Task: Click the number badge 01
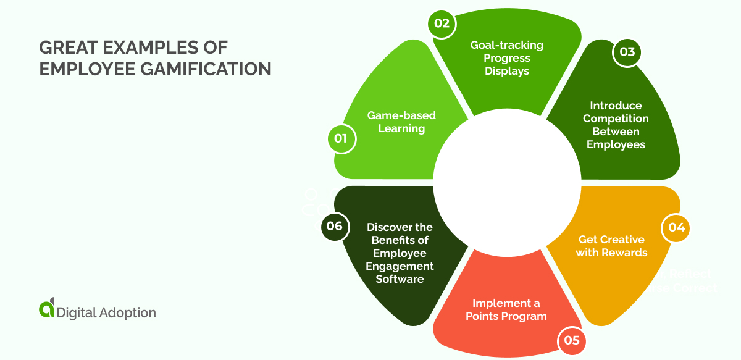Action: (340, 138)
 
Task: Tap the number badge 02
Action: (442, 25)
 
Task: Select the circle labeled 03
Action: (627, 52)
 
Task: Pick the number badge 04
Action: (677, 228)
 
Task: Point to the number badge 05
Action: (571, 340)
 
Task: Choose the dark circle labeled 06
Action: (334, 226)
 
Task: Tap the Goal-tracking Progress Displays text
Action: (507, 58)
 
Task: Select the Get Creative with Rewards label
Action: (611, 246)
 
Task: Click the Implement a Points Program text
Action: (506, 310)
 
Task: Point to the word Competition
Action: (616, 119)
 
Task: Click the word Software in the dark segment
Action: (400, 279)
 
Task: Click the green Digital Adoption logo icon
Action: (46, 309)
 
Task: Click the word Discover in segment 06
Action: (388, 227)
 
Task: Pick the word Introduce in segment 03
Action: (616, 106)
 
